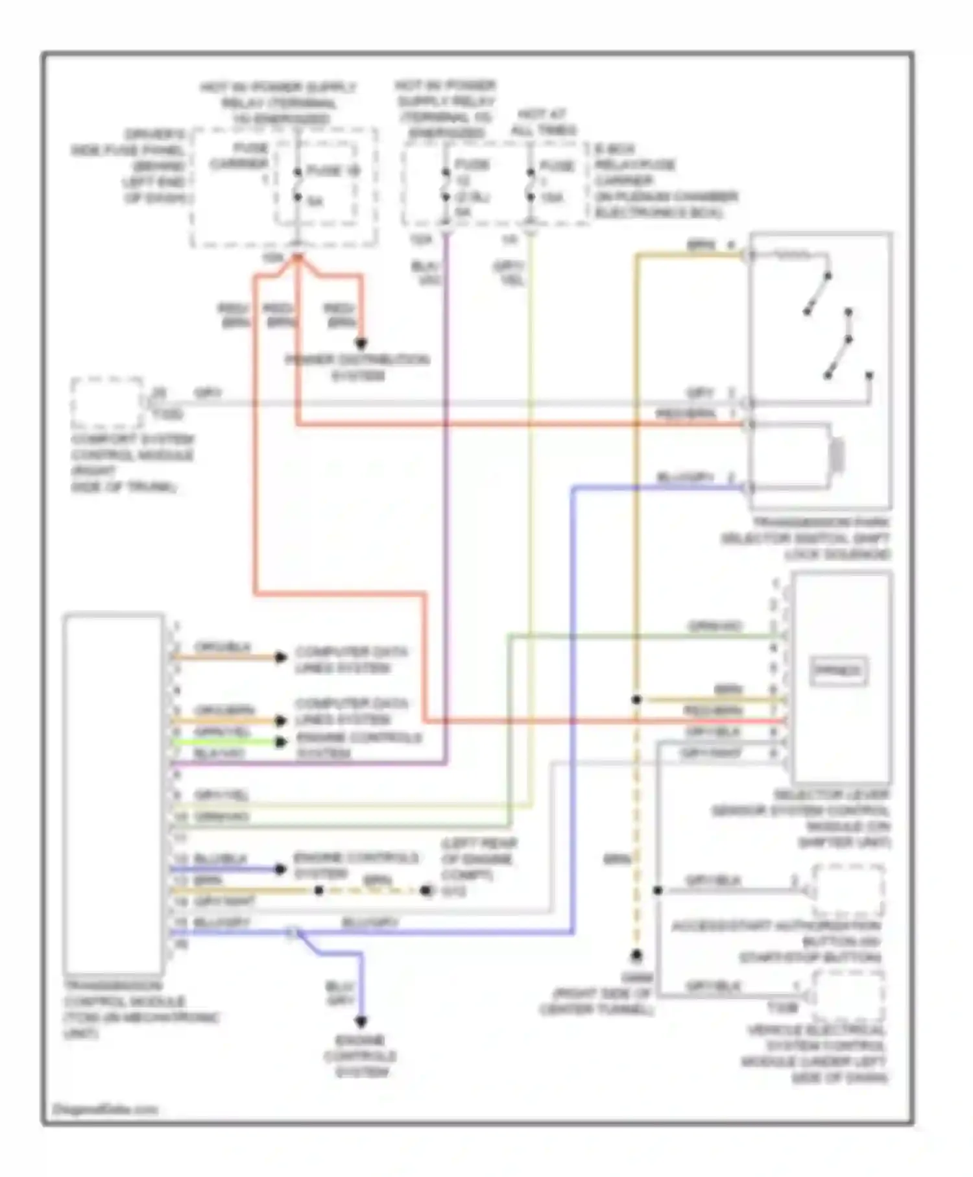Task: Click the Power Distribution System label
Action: click(x=357, y=367)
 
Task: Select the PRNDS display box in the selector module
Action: click(x=839, y=671)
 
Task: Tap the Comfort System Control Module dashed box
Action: click(x=107, y=403)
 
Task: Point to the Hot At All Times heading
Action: click(x=543, y=122)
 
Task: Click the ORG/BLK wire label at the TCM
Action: click(x=213, y=647)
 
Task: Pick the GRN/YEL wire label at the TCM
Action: click(x=222, y=731)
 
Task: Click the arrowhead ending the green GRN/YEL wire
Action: click(x=281, y=742)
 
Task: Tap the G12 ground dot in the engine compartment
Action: click(x=426, y=891)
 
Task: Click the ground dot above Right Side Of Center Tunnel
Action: click(x=637, y=956)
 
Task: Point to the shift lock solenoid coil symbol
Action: click(x=837, y=455)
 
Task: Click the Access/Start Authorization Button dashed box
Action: click(x=849, y=891)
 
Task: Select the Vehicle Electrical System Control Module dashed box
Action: click(x=849, y=995)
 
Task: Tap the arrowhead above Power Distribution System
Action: click(x=361, y=343)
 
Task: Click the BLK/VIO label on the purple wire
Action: click(x=427, y=273)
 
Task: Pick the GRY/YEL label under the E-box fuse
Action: click(x=510, y=273)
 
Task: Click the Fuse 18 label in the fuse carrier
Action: click(x=333, y=171)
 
